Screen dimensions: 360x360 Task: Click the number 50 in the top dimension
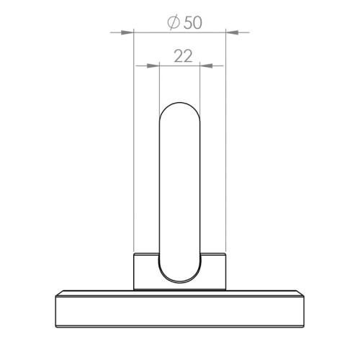pyautogui.click(x=193, y=23)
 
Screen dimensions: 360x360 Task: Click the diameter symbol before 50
pyautogui.click(x=174, y=23)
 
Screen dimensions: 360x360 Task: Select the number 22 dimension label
pyautogui.click(x=183, y=56)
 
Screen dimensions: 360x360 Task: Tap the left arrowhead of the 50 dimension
pyautogui.click(x=127, y=32)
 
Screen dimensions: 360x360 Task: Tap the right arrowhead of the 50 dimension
pyautogui.click(x=232, y=32)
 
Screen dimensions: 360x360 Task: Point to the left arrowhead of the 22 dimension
pyautogui.click(x=153, y=66)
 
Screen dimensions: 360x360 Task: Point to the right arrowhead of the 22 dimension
pyautogui.click(x=206, y=66)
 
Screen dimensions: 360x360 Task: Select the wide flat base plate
pyautogui.click(x=180, y=309)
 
